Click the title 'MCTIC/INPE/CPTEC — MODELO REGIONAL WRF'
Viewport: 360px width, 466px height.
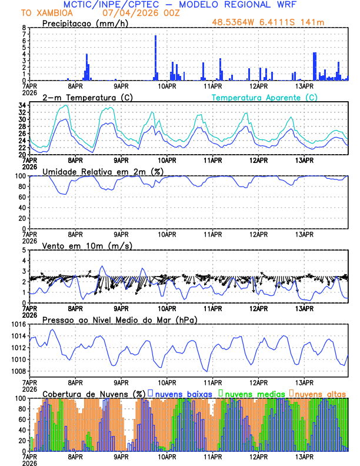click(x=192, y=5)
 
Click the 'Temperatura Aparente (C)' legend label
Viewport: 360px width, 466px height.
click(x=265, y=97)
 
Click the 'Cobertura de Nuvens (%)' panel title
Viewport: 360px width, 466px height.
click(x=94, y=393)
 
